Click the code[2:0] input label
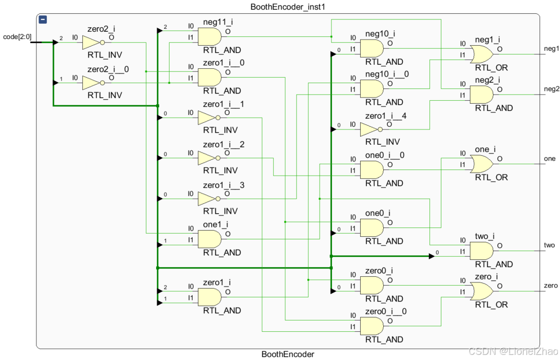pos(17,36)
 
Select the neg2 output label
pos(551,89)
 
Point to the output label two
pos(549,245)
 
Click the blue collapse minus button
pos(43,20)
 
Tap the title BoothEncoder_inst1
pos(282,7)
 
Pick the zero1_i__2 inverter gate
pos(208,159)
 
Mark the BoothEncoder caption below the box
pos(288,354)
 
